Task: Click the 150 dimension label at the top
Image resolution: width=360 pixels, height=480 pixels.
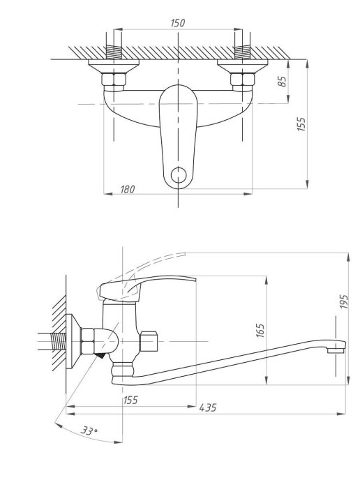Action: coord(178,23)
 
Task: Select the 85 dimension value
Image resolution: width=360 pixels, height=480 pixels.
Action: coord(283,81)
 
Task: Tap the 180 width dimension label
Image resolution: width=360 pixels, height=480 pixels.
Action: coord(128,189)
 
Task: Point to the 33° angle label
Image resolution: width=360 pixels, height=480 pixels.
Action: coord(89,431)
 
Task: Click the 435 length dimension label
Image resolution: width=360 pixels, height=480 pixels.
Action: coord(208,407)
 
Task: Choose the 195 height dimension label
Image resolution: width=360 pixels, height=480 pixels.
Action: coord(344,301)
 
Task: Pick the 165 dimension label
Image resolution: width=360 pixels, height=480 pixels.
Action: coord(260,331)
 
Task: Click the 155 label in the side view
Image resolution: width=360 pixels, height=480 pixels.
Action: coord(130,400)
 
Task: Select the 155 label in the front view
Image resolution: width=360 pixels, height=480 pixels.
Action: coord(301,124)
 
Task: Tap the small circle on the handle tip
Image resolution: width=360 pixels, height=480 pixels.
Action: coord(179,175)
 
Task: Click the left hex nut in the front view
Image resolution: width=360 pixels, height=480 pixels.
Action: coord(114,80)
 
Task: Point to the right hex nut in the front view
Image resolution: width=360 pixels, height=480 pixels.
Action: coord(243,80)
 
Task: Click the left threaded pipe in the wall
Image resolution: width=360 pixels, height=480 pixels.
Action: coord(114,52)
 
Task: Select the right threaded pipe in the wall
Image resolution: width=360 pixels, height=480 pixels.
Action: coord(243,52)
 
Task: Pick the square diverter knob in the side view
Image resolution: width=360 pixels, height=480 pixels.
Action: coord(149,341)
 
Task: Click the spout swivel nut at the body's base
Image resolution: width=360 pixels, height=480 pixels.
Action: coord(123,369)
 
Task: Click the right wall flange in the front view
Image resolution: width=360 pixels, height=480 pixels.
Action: coord(243,66)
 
